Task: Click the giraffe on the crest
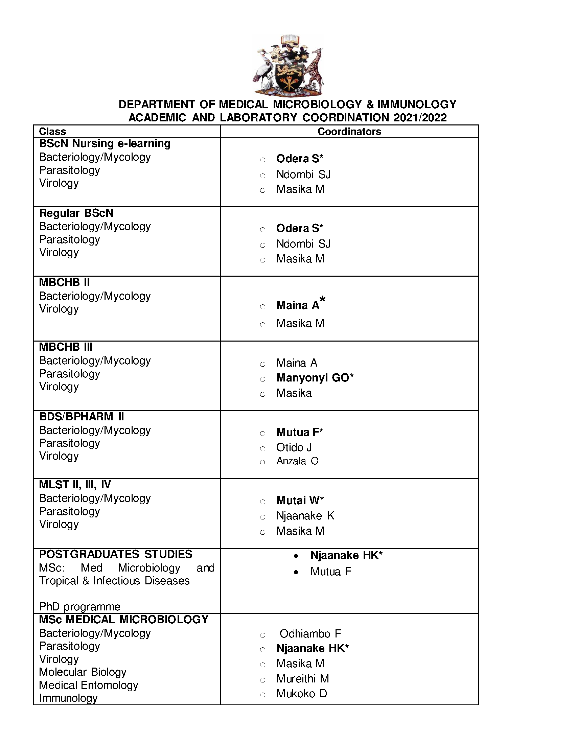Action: (315, 70)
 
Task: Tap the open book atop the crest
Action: (290, 40)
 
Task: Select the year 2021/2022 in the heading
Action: (420, 118)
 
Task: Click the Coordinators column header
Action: (349, 132)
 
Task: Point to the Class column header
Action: (52, 132)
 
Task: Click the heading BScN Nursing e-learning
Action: (105, 143)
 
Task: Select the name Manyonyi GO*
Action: (315, 378)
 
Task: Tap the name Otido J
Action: (294, 447)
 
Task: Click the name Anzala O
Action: (297, 461)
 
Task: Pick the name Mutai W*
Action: (300, 501)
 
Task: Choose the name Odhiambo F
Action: (310, 634)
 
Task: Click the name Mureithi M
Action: (302, 679)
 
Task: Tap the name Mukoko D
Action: (301, 694)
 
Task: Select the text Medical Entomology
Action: (89, 685)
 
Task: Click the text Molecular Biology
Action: (83, 672)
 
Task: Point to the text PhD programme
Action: (80, 607)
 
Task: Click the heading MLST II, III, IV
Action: (75, 484)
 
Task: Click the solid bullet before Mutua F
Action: (296, 572)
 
